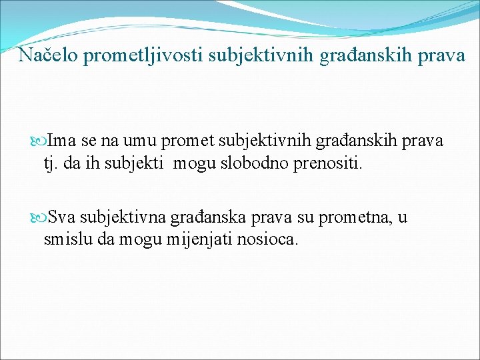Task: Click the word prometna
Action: (354, 218)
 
